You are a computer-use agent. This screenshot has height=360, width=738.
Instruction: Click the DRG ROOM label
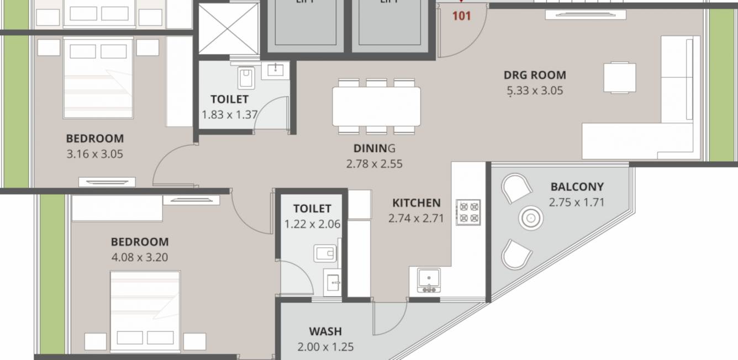534,75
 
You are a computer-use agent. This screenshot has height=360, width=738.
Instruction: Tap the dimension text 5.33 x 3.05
534,91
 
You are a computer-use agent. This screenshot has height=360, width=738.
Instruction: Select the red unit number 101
461,16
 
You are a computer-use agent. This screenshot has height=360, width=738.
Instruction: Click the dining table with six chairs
376,106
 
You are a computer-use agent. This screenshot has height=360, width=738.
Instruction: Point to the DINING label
375,148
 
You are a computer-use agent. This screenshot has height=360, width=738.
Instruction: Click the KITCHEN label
416,203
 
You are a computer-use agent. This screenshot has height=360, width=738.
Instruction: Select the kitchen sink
428,279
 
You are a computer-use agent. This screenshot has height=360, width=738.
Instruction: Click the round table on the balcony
531,219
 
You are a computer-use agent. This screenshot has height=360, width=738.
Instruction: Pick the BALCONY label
577,187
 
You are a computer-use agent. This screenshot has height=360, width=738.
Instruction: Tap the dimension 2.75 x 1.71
577,202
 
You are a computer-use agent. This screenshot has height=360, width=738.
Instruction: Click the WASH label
325,331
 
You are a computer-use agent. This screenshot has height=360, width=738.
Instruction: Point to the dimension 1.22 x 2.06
312,224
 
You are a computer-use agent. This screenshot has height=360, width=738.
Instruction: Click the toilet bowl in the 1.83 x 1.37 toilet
246,78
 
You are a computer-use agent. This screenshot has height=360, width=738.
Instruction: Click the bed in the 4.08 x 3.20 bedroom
145,309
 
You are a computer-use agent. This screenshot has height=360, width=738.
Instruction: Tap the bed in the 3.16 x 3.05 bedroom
98,77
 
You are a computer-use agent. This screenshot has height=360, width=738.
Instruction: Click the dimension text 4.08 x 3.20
140,257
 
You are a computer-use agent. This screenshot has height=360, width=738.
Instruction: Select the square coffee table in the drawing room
619,77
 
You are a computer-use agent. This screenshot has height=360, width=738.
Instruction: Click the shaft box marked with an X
228,28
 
